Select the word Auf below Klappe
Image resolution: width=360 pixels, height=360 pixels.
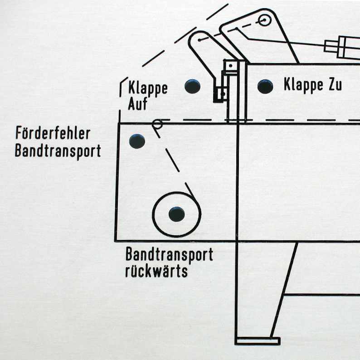pos(137,104)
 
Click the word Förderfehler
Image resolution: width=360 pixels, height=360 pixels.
pos(53,134)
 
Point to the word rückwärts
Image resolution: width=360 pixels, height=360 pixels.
pos(156,272)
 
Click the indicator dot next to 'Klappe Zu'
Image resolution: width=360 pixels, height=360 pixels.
pos(265,86)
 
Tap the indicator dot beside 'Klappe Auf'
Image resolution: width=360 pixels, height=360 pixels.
pos(193,86)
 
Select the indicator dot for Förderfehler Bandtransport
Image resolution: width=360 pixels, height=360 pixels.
pos(137,141)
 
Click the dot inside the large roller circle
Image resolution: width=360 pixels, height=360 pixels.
pos(176,214)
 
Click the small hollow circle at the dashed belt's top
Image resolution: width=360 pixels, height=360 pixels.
pos(157,123)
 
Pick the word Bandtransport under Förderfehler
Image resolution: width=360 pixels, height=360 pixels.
pos(58,151)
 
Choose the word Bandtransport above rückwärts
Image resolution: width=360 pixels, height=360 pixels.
pos(169,255)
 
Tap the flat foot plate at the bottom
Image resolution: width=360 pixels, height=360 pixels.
pos(257,341)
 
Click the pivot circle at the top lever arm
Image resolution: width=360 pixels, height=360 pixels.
pos(264,20)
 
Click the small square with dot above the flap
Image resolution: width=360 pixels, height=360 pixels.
pos(231,66)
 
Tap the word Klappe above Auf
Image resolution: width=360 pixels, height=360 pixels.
pos(148,88)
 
